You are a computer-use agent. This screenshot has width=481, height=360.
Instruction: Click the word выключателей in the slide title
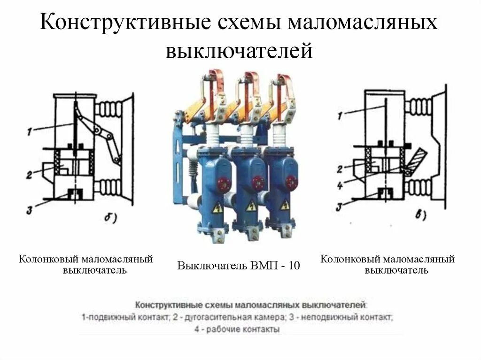pyautogui.click(x=239, y=51)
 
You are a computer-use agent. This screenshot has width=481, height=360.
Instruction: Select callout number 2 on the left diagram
pyautogui.click(x=29, y=175)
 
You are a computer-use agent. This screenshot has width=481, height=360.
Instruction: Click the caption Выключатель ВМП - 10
pyautogui.click(x=238, y=266)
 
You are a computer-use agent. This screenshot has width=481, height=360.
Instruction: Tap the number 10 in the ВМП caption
pyautogui.click(x=294, y=266)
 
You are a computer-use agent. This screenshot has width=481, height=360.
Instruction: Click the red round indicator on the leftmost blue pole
pyautogui.click(x=223, y=181)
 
